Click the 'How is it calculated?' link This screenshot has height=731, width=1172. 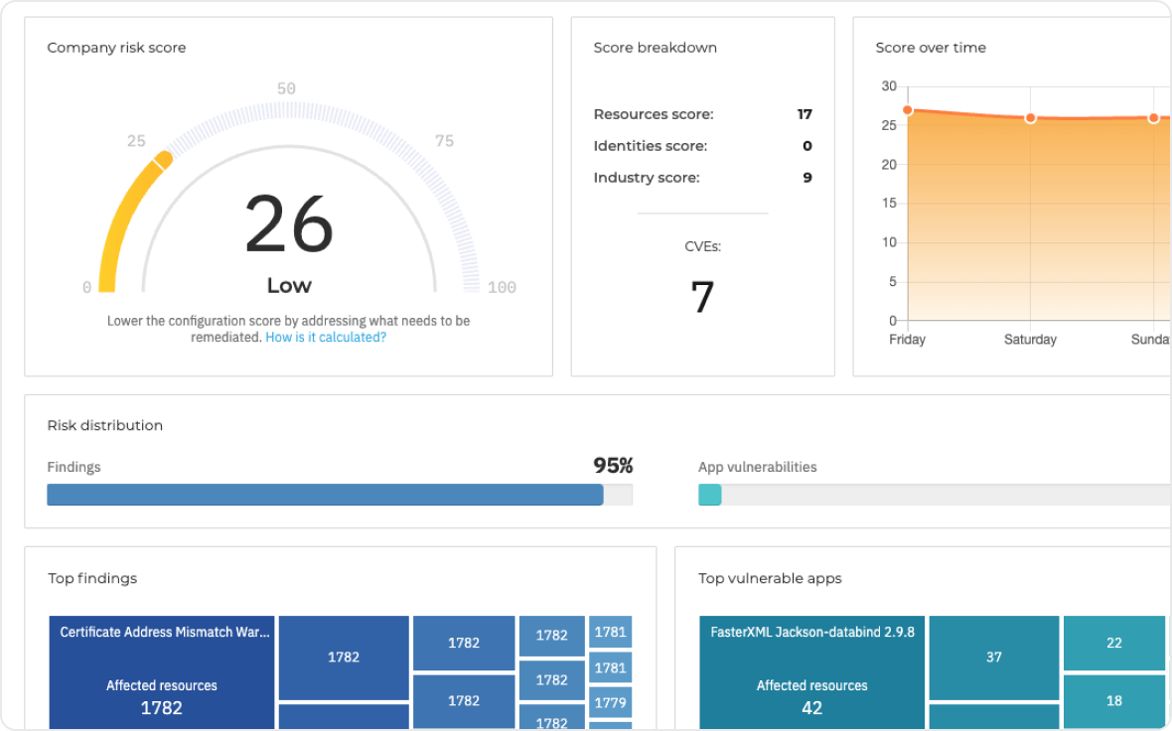(326, 338)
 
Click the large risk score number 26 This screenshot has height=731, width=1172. (289, 224)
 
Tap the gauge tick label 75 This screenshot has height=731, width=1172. (444, 141)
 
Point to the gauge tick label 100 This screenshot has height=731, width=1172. (502, 287)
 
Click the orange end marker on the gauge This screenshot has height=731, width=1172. (163, 159)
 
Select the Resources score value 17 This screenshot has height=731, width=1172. (805, 114)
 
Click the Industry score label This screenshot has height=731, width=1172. (647, 178)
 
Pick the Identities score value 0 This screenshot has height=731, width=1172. (806, 146)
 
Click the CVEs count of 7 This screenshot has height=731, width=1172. (702, 297)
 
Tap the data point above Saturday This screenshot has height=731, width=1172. (1030, 118)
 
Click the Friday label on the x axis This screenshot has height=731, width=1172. (907, 340)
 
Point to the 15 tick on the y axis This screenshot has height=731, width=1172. (889, 204)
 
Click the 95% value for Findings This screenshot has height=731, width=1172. (613, 466)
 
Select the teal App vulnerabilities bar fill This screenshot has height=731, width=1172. (710, 495)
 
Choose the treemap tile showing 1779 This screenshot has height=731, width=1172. (610, 703)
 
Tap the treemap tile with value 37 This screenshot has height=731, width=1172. (993, 657)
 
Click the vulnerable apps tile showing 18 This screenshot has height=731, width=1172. (1113, 700)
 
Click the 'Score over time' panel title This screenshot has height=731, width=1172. (931, 48)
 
